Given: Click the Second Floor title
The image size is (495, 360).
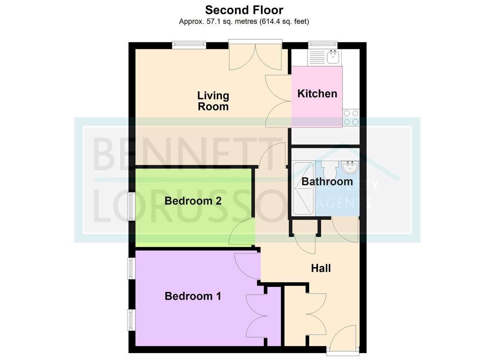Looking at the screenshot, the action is click(x=244, y=10).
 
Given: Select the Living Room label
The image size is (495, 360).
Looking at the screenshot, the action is click(x=213, y=101).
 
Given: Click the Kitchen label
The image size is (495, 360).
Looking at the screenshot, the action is click(x=317, y=94).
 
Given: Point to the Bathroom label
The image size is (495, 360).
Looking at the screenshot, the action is click(x=327, y=182).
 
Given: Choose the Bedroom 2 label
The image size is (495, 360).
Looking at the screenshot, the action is click(x=193, y=201).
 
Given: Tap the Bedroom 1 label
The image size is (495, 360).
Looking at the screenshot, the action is click(x=193, y=296).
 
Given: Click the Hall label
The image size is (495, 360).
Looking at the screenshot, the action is click(x=321, y=268).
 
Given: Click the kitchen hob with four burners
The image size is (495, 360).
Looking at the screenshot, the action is click(x=351, y=118).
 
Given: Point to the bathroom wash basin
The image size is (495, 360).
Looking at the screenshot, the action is click(x=350, y=167).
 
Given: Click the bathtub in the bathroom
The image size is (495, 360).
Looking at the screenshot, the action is click(x=303, y=189).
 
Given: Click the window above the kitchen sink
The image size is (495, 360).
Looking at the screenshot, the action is click(x=323, y=45).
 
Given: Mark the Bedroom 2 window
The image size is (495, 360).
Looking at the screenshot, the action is click(x=131, y=206).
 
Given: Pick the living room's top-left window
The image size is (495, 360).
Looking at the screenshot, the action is click(x=189, y=45).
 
